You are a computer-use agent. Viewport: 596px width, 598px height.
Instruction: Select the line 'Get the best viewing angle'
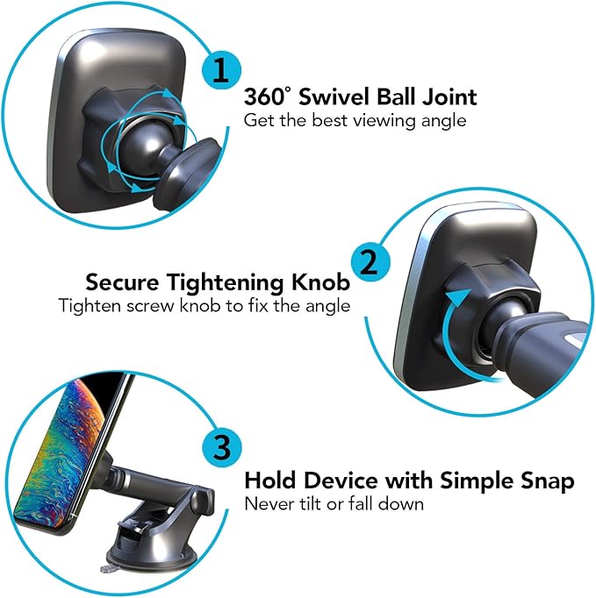[x=355, y=120]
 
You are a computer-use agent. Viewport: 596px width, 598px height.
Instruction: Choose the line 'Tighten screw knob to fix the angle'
[x=205, y=306]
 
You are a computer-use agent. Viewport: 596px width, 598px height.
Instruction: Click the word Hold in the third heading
[x=269, y=481]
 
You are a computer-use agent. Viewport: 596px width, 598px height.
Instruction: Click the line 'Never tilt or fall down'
[x=334, y=503]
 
